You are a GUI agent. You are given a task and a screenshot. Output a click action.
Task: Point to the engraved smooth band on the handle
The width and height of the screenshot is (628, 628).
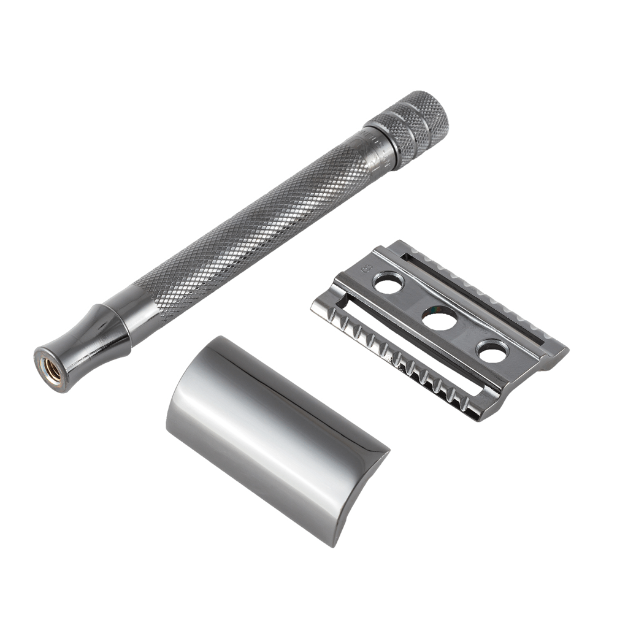(x=375, y=150)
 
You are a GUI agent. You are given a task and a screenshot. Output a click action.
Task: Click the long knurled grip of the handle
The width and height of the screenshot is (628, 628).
(x=245, y=233)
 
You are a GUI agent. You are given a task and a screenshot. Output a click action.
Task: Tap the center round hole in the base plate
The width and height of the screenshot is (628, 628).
(x=439, y=319)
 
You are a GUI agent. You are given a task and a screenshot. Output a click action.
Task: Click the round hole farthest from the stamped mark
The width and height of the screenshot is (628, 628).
(x=493, y=351)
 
